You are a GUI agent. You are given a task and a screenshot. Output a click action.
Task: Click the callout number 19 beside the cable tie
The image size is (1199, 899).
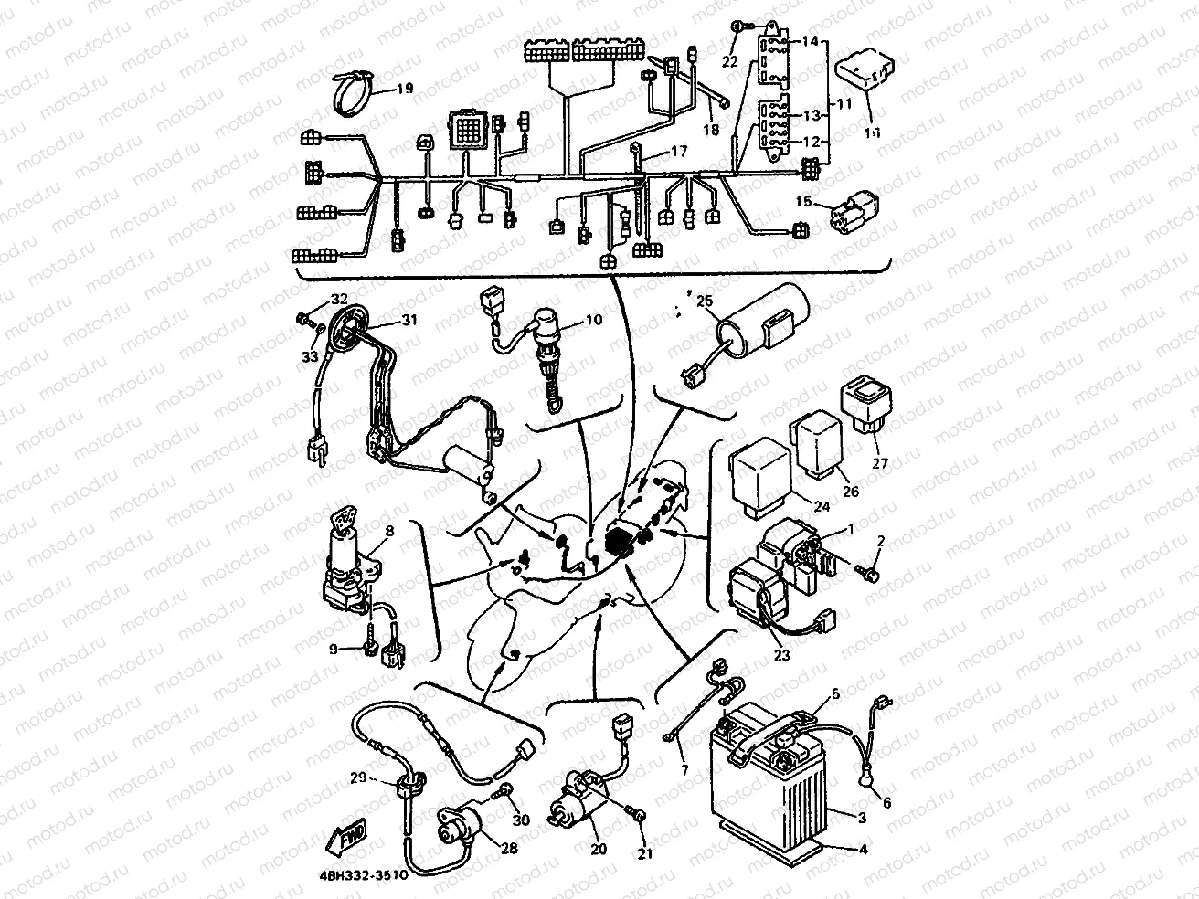tap(404, 89)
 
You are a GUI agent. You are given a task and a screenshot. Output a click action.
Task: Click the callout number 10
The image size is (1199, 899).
tap(594, 320)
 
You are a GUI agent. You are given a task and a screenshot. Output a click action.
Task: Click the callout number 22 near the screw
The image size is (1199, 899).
tap(729, 62)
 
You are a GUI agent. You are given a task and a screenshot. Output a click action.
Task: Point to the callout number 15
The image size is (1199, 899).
tap(804, 200)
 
